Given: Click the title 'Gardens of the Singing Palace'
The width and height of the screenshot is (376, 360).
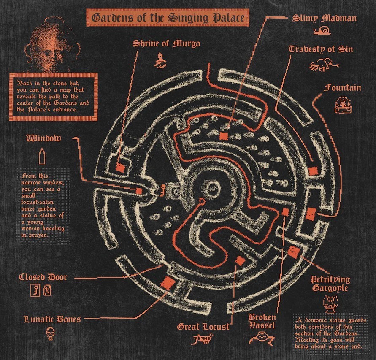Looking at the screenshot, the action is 168,18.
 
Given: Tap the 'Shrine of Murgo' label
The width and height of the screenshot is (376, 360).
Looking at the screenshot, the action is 166,43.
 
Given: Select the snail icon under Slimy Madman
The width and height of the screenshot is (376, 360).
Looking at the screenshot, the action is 322,31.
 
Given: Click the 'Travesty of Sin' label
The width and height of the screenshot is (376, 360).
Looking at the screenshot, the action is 321,49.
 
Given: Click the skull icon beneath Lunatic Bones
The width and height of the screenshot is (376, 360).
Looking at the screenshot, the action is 50,334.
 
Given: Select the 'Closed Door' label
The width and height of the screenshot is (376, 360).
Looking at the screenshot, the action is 43,277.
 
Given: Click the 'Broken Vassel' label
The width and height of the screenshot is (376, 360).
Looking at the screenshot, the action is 262,322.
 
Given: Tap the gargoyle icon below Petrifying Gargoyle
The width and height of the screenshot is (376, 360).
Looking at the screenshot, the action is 330,304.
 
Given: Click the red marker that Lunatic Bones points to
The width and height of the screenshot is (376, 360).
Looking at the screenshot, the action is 168,282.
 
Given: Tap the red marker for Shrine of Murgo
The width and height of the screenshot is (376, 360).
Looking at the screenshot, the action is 120,167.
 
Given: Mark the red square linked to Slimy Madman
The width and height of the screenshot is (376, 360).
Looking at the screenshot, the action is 224,136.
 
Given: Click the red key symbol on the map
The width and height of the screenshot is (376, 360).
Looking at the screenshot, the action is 162,191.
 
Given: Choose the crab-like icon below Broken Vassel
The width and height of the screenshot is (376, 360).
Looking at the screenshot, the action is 262,338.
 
